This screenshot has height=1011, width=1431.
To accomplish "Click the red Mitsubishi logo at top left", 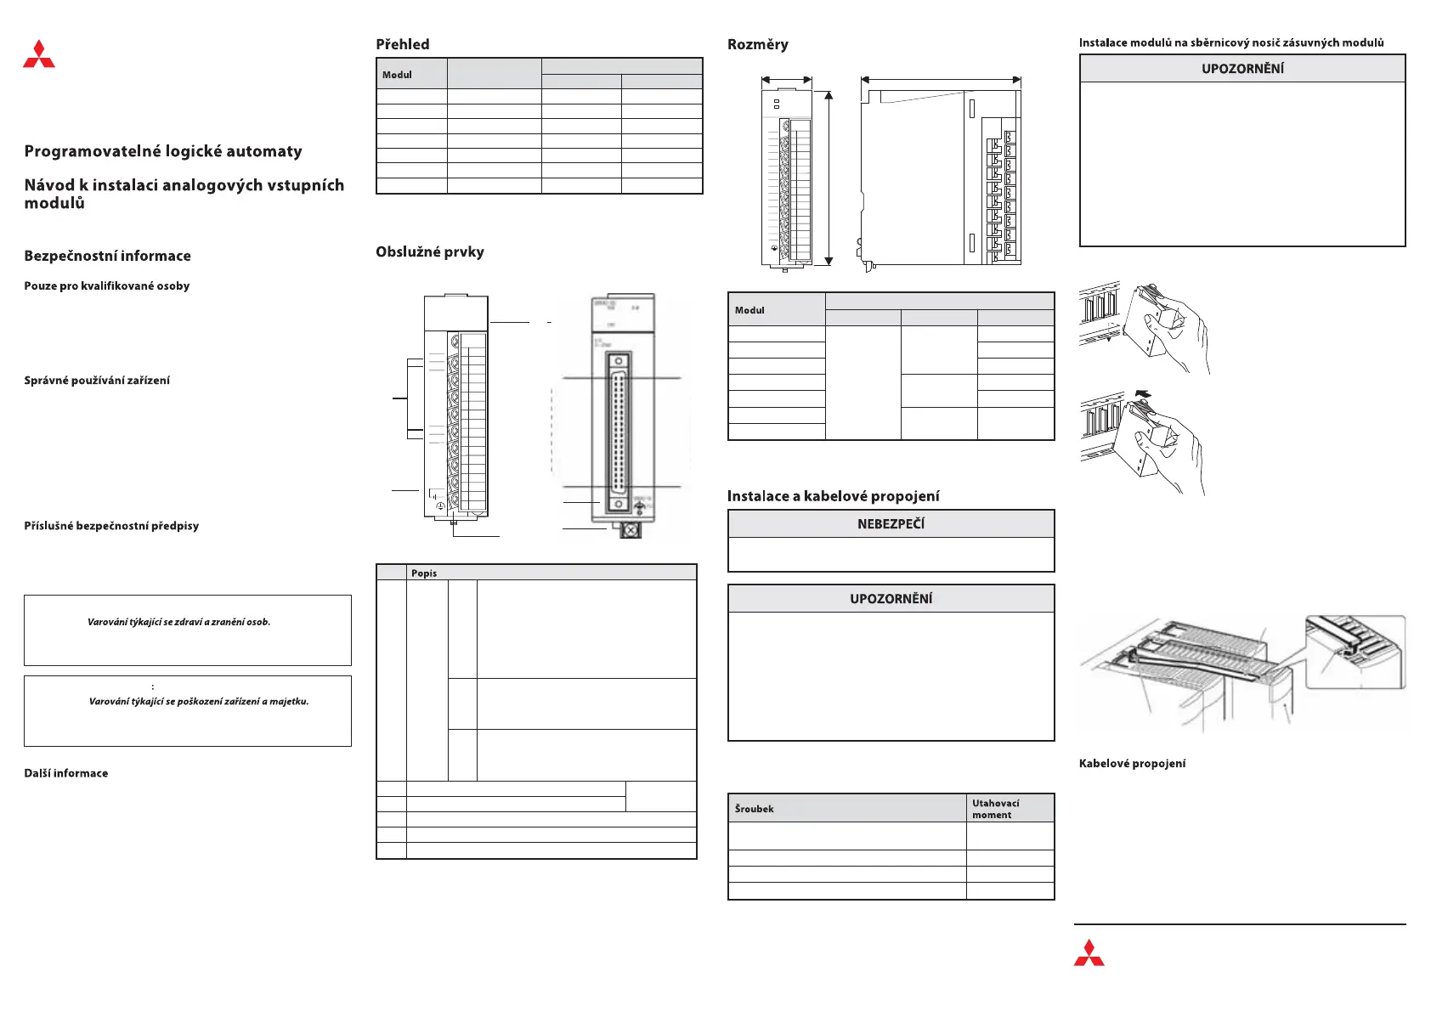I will coord(39,54).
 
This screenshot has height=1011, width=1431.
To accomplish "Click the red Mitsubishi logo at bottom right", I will coord(1089,953).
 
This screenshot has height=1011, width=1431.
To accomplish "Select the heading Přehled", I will coord(403,44).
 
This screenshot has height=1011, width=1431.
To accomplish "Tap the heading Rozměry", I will coord(758,44).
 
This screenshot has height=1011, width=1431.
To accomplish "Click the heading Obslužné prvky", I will coord(430,251).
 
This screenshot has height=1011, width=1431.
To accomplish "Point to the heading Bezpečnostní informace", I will coord(107,256).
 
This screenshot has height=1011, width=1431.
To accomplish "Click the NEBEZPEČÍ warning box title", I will coord(891,524).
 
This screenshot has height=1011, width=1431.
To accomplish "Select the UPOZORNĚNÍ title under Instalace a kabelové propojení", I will coord(891,599).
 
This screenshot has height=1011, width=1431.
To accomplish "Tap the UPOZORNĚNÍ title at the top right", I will coord(1242,69).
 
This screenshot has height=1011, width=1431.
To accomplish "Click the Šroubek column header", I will coord(755,809).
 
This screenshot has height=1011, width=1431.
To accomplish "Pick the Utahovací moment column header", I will coord(995,809).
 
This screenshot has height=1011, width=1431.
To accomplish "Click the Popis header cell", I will coord(424,573).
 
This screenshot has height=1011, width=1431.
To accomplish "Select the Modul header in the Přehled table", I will coord(397,75).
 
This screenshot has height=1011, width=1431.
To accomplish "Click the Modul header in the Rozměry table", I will coord(749,310).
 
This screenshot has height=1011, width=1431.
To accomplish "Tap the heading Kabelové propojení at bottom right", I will coord(1132,764).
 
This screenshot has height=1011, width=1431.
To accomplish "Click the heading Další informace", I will coord(66,773).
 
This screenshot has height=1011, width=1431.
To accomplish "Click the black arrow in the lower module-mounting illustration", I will coord(1142,394).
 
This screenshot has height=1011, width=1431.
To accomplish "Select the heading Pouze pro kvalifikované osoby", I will coord(107,286).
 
